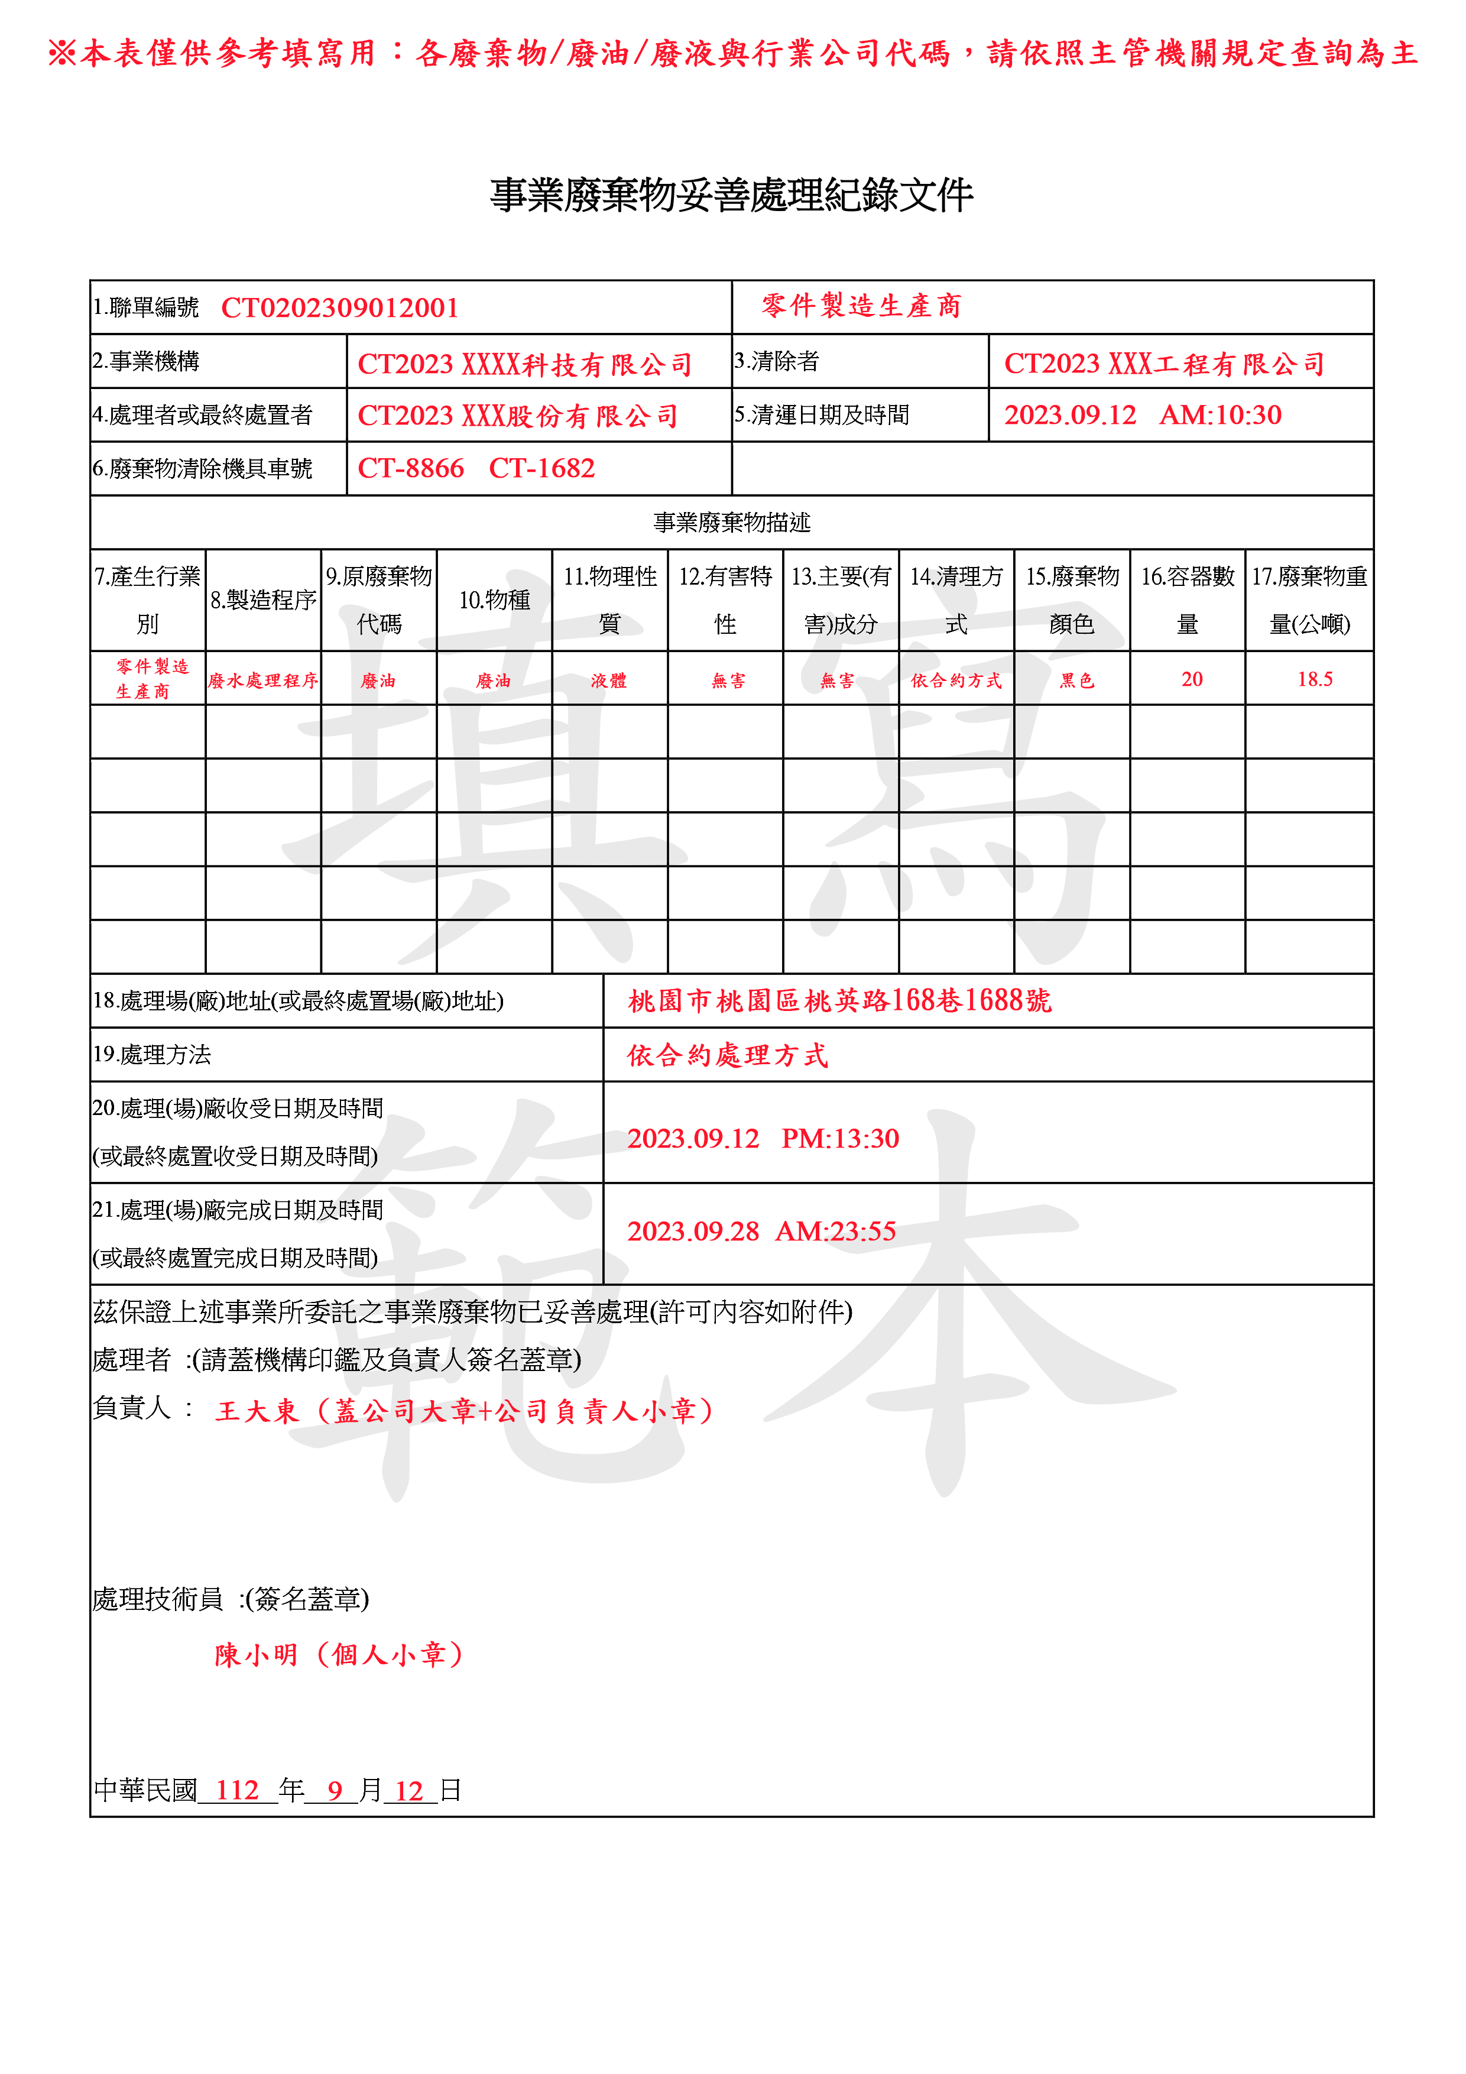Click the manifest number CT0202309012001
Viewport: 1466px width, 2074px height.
coord(340,308)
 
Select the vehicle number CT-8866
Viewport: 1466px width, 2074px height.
coord(411,468)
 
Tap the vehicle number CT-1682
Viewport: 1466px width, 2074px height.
coord(542,468)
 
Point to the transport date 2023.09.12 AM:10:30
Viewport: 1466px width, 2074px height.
coord(1143,414)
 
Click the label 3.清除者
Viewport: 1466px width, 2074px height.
coord(777,361)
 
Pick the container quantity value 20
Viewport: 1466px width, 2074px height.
coord(1191,679)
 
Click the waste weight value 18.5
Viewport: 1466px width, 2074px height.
coord(1314,679)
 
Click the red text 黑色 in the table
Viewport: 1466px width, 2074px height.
coord(1076,680)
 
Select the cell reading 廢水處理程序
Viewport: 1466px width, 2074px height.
coord(263,680)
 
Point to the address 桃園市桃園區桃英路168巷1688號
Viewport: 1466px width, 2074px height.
coord(840,1001)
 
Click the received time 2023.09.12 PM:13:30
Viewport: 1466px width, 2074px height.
coord(763,1138)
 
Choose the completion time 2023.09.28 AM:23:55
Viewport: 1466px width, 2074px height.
coord(761,1231)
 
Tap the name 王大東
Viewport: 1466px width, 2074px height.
coord(257,1411)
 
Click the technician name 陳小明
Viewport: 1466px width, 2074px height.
coord(257,1655)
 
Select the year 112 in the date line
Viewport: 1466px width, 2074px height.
coord(238,1790)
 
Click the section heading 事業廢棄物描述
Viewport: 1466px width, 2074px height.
coord(732,522)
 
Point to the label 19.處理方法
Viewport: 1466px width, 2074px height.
coord(152,1054)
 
